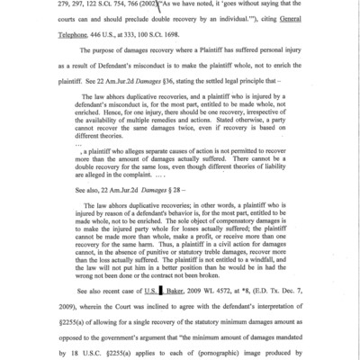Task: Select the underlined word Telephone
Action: (82, 39)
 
